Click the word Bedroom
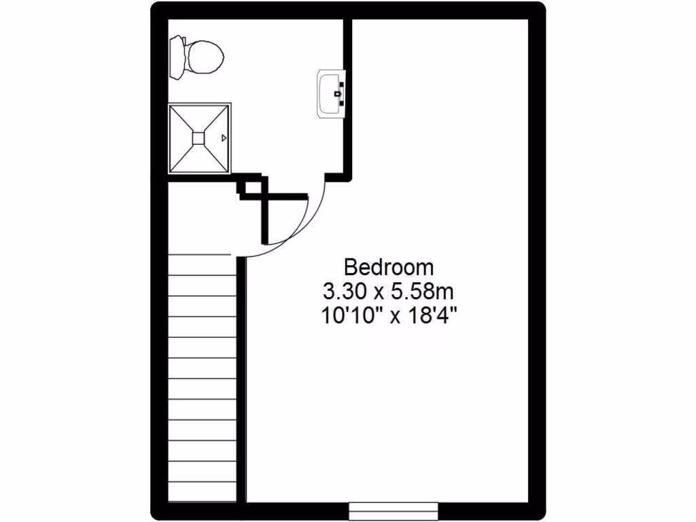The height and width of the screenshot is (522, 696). tap(389, 266)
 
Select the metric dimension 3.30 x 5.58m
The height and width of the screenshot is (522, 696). tap(389, 292)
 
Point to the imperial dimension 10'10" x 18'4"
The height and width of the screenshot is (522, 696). tap(389, 316)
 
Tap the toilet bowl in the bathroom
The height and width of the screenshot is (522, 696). tap(204, 57)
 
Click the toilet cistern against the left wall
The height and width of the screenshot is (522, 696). tap(176, 58)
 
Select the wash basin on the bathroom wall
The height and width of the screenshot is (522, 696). tap(331, 94)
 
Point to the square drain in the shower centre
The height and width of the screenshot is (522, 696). tap(198, 138)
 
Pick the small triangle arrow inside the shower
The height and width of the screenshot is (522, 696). tap(224, 138)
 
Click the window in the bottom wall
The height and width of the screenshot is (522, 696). tap(394, 510)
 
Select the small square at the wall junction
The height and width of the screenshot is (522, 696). tap(252, 188)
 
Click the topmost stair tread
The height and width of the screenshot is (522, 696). tap(202, 264)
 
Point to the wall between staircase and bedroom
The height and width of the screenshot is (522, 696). tap(241, 381)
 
